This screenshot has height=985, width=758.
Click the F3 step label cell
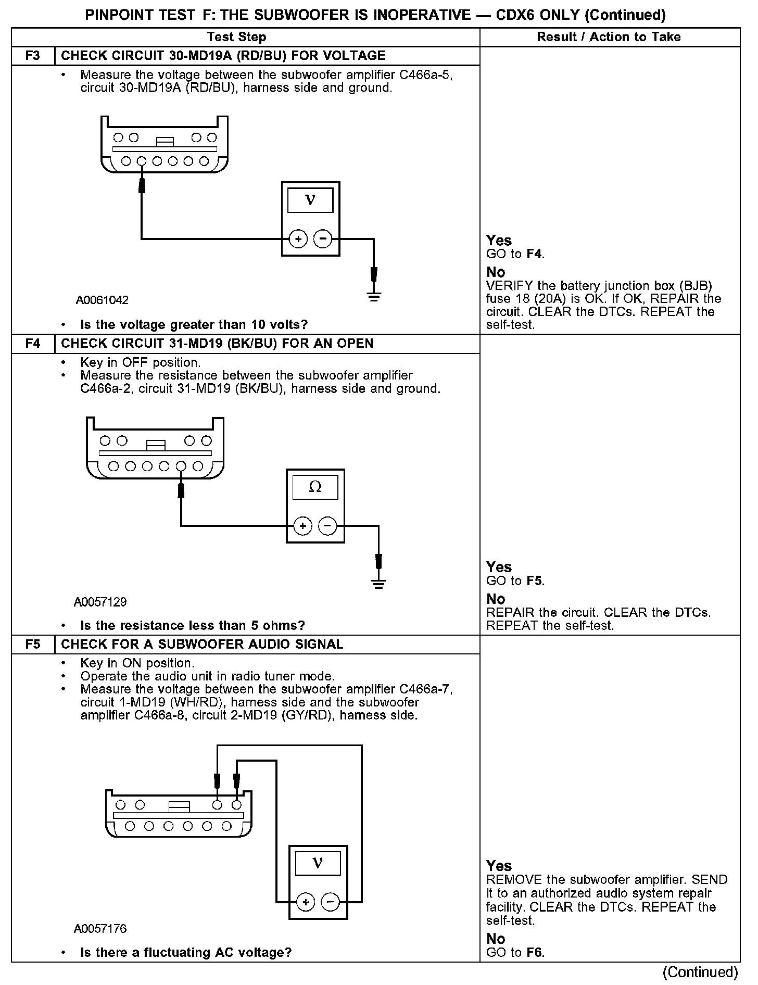click(33, 56)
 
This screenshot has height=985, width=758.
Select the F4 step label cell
click(33, 344)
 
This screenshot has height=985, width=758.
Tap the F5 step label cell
click(33, 645)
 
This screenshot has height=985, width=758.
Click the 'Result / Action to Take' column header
click(609, 37)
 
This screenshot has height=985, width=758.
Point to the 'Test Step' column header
click(236, 37)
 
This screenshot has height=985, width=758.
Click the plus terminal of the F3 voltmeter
click(298, 239)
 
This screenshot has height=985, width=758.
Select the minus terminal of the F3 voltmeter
click(323, 239)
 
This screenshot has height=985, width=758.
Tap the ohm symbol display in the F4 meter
click(315, 487)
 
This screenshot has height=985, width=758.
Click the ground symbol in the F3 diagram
click(374, 297)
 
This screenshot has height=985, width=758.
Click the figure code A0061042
click(102, 300)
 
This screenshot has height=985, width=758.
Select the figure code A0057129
click(100, 602)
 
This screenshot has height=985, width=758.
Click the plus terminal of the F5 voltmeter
click(306, 902)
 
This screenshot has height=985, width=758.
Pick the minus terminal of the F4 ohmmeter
click(327, 526)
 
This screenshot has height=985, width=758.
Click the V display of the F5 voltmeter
click(318, 863)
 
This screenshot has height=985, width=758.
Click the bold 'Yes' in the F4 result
click(499, 567)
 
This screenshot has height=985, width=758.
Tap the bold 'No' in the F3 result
click(496, 272)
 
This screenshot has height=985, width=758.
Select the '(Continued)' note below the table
click(700, 972)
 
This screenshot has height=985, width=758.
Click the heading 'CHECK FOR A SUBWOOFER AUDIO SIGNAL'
click(202, 645)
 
